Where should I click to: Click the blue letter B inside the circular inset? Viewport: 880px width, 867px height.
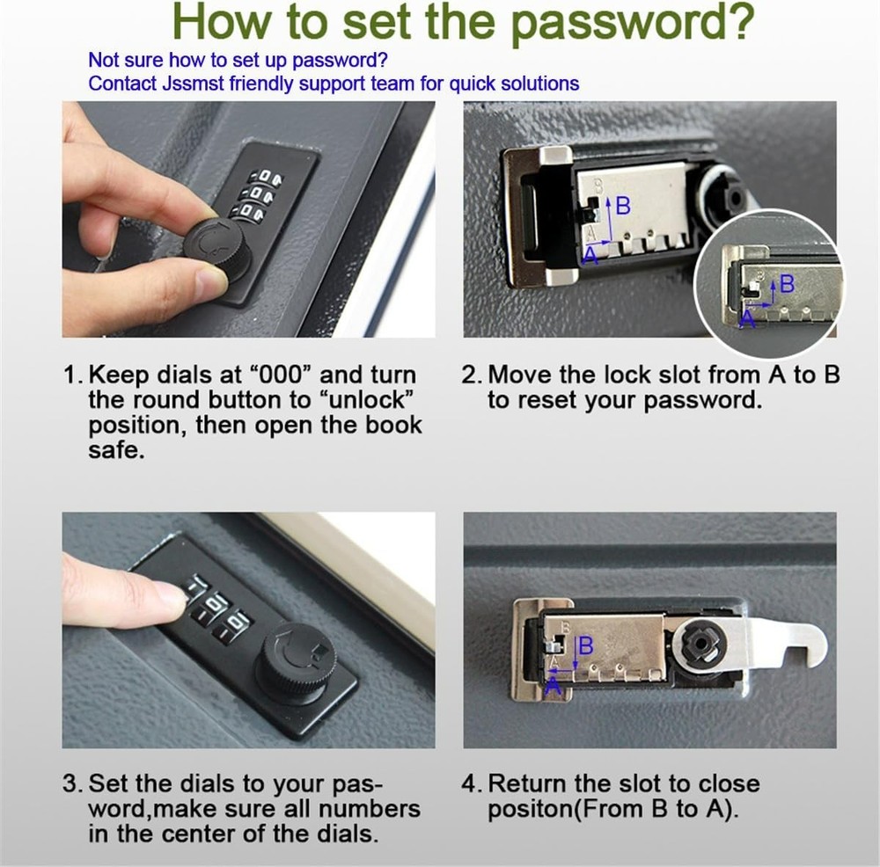[787, 284]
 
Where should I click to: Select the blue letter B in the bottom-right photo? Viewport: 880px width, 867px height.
[586, 646]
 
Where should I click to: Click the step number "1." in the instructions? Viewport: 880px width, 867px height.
[74, 375]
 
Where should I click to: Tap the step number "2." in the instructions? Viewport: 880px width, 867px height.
[473, 375]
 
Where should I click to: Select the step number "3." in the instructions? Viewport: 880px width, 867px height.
[74, 783]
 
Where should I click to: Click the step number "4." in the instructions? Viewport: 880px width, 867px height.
[473, 783]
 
